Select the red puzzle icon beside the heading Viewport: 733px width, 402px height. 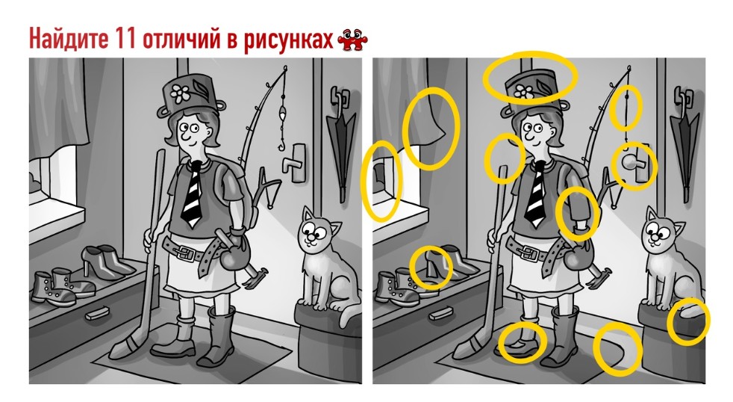(352, 40)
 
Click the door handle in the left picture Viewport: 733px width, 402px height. (295, 162)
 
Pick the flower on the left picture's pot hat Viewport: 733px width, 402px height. (179, 93)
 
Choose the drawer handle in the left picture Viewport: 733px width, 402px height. (98, 312)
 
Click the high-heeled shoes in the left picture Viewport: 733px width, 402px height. (105, 262)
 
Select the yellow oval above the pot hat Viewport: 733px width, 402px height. (530, 77)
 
